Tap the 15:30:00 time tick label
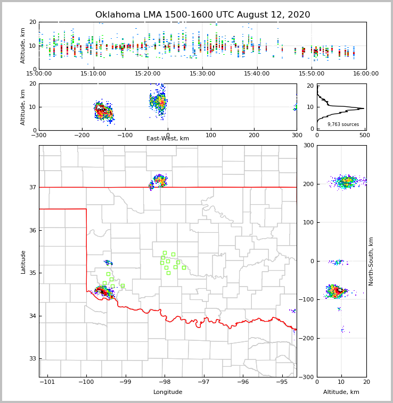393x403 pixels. click(x=202, y=73)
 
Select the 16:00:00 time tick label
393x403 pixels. click(x=366, y=73)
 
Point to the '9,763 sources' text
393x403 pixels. click(x=343, y=124)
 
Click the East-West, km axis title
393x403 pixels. click(x=168, y=139)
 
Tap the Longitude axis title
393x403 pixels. click(x=168, y=392)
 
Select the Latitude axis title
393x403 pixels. click(x=23, y=262)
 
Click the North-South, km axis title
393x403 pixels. click(x=371, y=262)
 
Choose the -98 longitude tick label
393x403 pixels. click(x=163, y=382)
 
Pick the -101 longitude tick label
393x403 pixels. click(x=47, y=382)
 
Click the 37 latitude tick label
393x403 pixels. click(x=32, y=187)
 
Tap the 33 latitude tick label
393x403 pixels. click(x=32, y=359)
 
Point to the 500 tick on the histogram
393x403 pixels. click(x=364, y=135)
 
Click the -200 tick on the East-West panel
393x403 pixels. click(x=81, y=135)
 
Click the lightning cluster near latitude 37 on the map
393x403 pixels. click(x=159, y=181)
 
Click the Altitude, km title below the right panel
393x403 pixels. click(x=341, y=392)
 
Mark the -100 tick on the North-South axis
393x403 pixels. click(x=306, y=300)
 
